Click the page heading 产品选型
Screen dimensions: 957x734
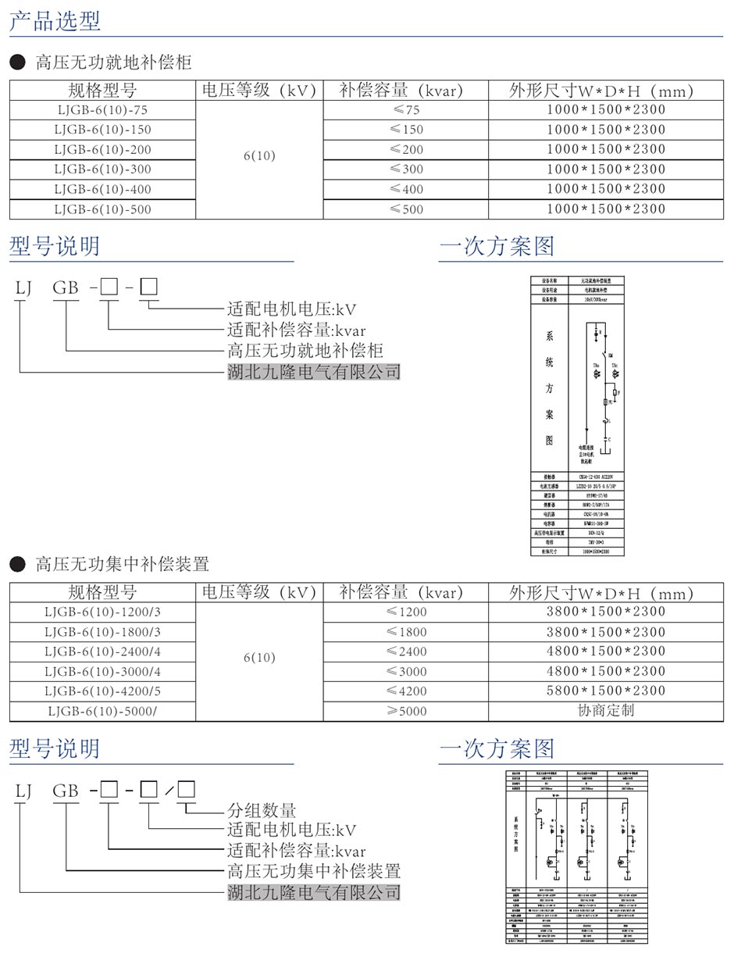click(x=55, y=20)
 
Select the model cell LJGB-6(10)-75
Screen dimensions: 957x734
click(x=102, y=110)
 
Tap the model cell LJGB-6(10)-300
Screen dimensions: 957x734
click(x=102, y=170)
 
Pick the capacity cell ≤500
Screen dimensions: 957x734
click(x=406, y=209)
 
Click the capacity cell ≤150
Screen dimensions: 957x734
click(x=406, y=130)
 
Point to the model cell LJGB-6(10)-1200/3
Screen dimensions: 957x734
click(x=102, y=612)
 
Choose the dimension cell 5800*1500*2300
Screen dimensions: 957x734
click(x=605, y=691)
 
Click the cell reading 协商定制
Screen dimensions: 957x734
click(x=605, y=710)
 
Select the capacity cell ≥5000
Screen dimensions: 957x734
click(x=406, y=711)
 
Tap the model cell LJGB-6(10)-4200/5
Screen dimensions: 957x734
click(x=102, y=691)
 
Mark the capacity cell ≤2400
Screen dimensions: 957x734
click(x=406, y=652)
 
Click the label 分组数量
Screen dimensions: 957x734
click(x=262, y=810)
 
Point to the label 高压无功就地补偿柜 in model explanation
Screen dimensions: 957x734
click(x=305, y=351)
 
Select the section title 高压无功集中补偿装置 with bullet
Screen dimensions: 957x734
click(x=122, y=564)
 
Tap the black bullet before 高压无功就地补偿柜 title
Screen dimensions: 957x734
click(x=17, y=62)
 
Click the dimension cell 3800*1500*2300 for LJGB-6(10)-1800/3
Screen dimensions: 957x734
click(x=605, y=632)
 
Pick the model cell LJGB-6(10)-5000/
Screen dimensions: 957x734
click(x=102, y=711)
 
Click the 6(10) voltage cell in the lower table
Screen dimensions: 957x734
click(x=259, y=658)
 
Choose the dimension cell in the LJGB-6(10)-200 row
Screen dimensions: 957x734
click(x=605, y=149)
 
